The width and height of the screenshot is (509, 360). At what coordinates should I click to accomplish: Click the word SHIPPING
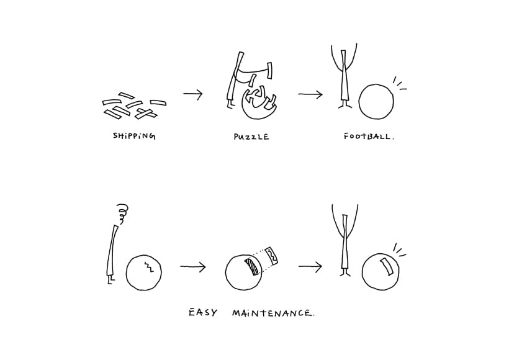click(134, 136)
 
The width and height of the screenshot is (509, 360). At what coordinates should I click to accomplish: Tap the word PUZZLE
click(251, 137)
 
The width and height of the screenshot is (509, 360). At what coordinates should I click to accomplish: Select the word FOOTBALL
click(369, 136)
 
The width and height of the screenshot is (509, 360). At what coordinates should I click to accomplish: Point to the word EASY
click(203, 313)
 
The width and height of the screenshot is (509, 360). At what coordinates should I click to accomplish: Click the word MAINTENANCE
click(273, 313)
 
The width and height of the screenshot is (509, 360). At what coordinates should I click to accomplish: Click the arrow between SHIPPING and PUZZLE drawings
click(193, 94)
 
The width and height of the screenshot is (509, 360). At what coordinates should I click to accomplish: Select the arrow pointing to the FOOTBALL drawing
click(310, 94)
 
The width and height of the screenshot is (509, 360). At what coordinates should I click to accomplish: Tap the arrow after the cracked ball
click(193, 267)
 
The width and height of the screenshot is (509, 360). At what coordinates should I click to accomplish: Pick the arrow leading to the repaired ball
click(310, 266)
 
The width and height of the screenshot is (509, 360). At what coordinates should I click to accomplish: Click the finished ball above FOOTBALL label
click(376, 102)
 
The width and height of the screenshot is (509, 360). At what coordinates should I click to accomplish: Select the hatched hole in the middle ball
click(253, 266)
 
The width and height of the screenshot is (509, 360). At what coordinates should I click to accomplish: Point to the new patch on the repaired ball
click(387, 267)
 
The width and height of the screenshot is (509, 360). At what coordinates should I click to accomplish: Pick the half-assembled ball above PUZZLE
click(259, 102)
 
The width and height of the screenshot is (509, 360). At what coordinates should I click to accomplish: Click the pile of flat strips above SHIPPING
click(134, 106)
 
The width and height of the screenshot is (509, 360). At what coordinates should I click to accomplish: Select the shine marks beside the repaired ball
click(400, 250)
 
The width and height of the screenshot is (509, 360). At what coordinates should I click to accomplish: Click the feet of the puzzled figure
click(110, 280)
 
